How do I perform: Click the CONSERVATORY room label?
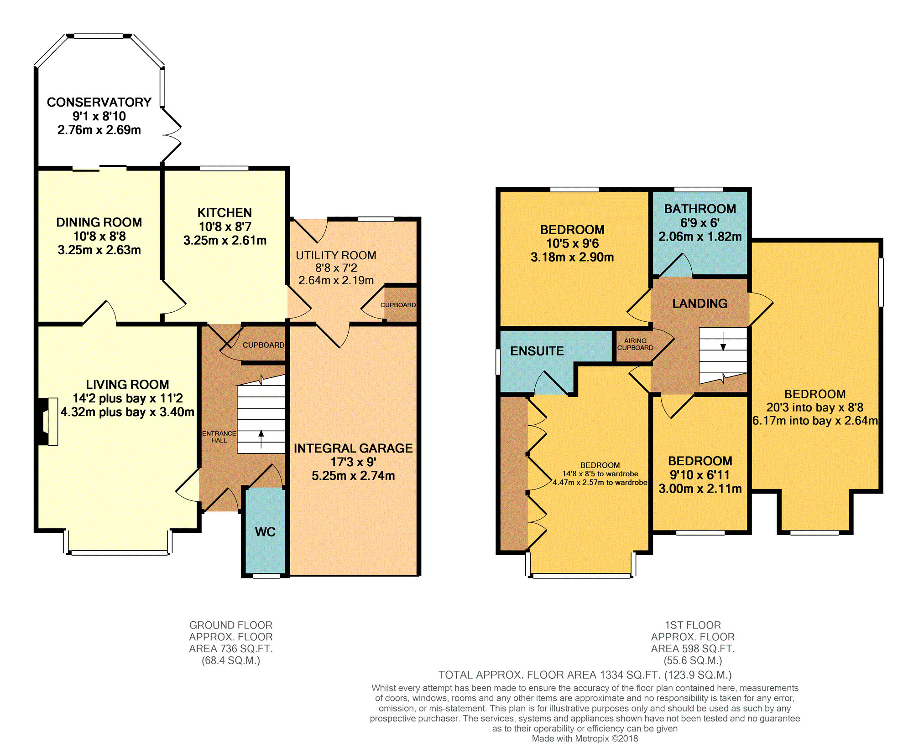click(x=99, y=102)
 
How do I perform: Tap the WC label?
click(x=265, y=532)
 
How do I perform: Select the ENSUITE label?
click(x=537, y=351)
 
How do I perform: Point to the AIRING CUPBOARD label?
click(x=635, y=344)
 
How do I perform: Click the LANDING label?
click(x=700, y=304)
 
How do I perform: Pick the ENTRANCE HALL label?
click(x=219, y=437)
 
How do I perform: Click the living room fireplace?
click(x=48, y=422)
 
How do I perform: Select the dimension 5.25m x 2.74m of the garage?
click(x=353, y=476)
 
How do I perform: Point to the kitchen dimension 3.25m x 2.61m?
click(x=225, y=240)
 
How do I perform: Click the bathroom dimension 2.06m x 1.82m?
click(x=700, y=237)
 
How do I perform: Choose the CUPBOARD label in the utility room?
click(x=398, y=305)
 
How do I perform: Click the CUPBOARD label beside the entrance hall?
click(x=263, y=345)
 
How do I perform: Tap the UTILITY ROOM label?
click(x=336, y=255)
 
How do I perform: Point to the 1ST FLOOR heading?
click(x=693, y=625)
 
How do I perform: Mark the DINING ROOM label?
click(x=99, y=222)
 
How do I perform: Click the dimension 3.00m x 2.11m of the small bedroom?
click(x=700, y=489)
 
